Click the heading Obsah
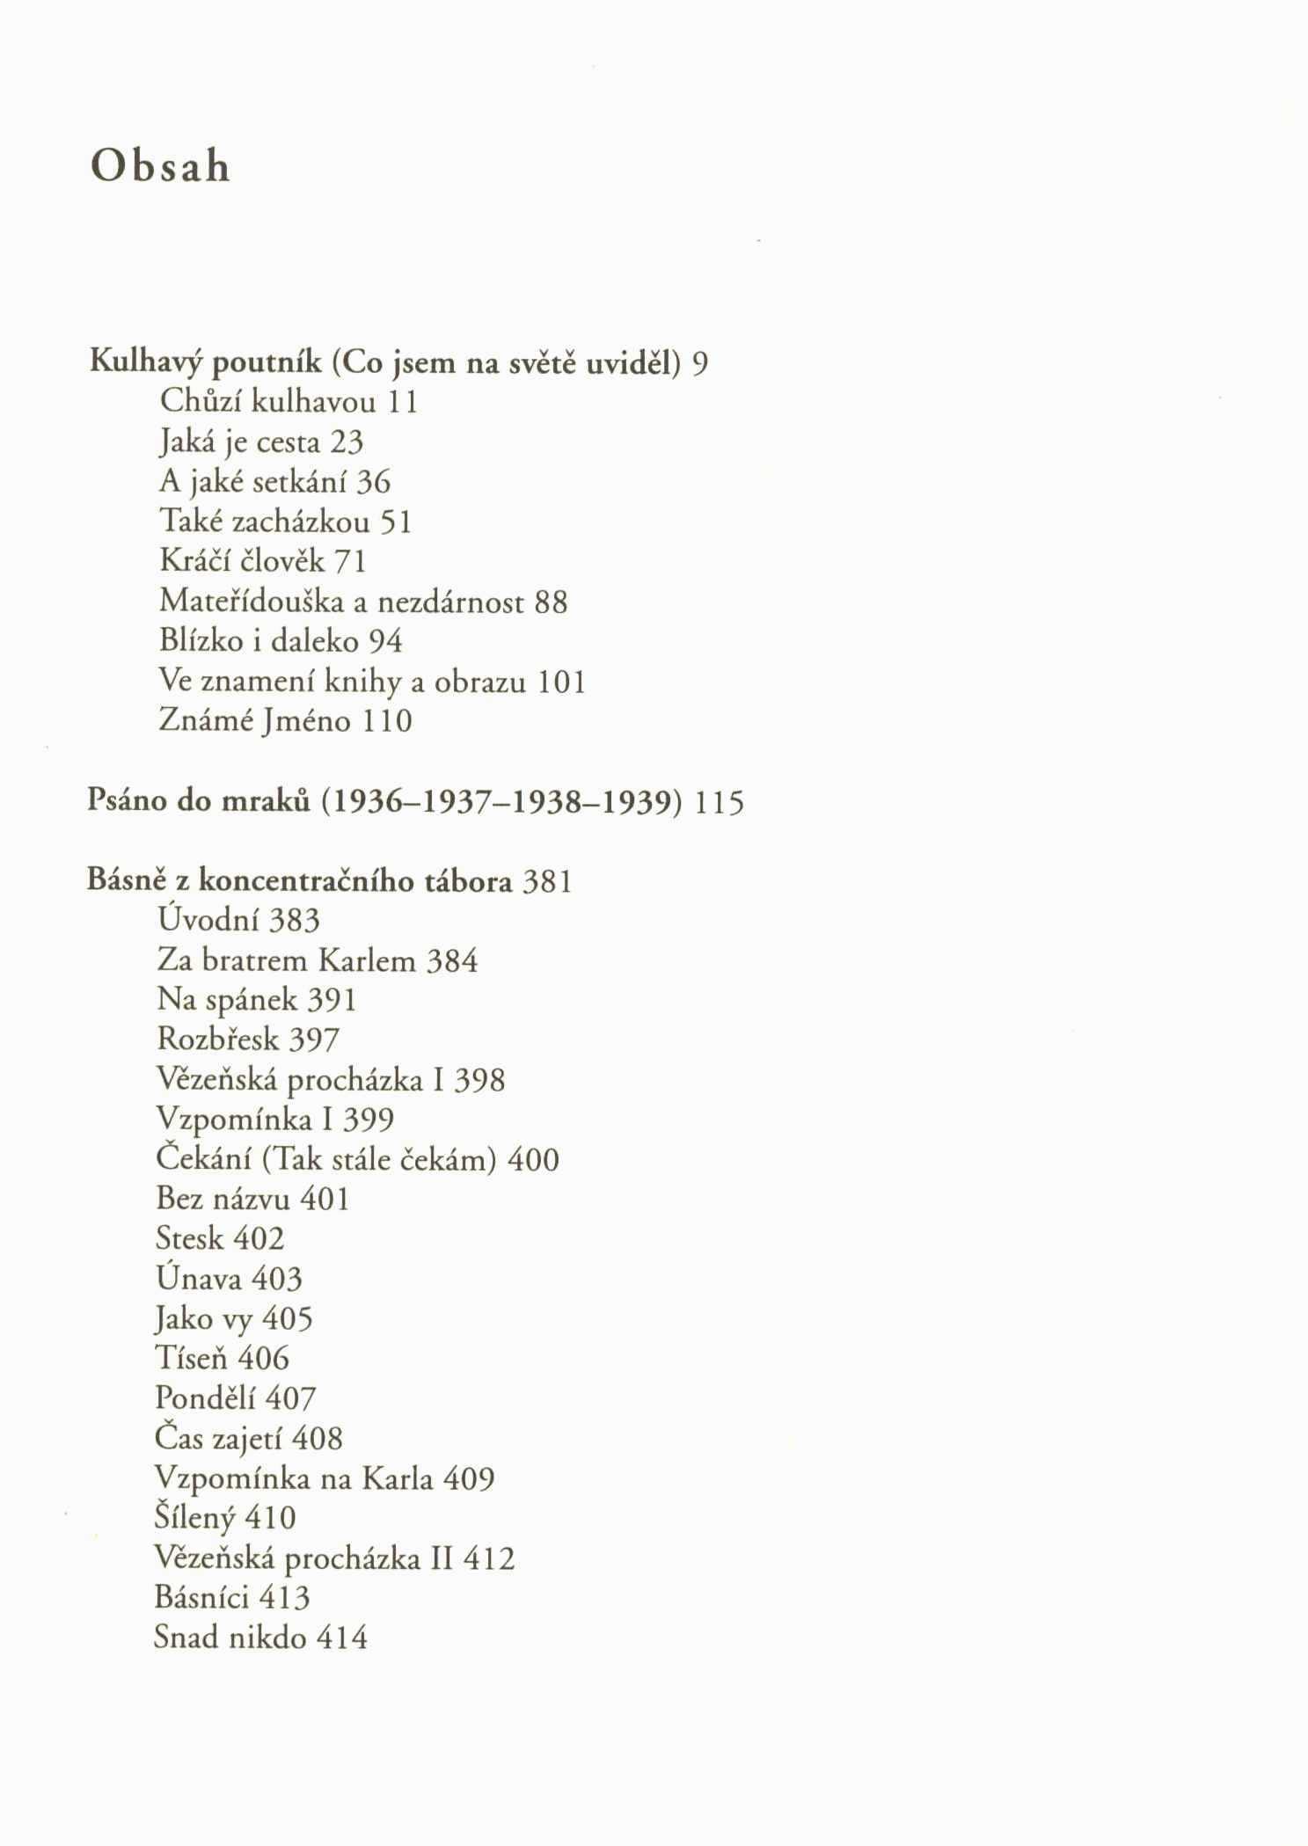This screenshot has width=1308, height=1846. [160, 167]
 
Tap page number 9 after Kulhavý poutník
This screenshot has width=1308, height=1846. [699, 363]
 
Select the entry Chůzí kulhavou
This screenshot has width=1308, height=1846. [268, 402]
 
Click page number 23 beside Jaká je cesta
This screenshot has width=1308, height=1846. [347, 441]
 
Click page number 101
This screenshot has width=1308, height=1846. [561, 682]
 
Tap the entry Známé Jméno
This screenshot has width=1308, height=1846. [255, 721]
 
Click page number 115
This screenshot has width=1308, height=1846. [720, 802]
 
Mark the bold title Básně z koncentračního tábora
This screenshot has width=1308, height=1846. [299, 881]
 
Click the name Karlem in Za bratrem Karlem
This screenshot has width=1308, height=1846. [366, 960]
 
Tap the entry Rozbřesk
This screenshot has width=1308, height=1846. [216, 1040]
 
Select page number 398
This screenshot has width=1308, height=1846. [479, 1080]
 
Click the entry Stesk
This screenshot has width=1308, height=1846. [189, 1239]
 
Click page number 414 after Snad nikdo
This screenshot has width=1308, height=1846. [341, 1638]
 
